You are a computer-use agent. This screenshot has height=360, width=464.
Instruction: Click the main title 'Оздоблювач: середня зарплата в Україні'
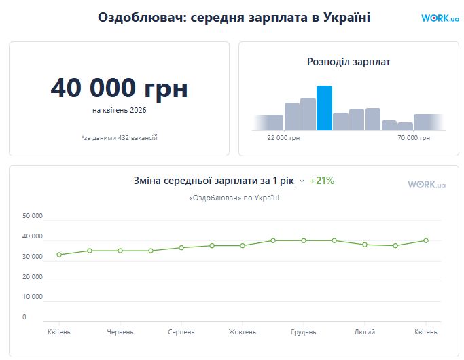point(234,18)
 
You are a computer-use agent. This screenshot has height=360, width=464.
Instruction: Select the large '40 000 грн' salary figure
point(119,88)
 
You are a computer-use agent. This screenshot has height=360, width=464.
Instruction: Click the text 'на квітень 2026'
point(119,109)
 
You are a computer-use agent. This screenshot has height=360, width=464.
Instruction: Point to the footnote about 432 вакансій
point(119,138)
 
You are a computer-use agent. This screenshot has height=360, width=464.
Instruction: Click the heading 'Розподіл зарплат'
point(349,62)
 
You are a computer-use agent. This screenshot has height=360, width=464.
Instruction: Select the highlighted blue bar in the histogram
point(324,108)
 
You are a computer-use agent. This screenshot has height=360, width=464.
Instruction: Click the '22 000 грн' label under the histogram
point(283,138)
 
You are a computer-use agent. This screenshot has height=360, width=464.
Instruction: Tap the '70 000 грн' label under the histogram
point(414,138)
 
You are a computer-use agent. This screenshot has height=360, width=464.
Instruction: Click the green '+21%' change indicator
point(322,181)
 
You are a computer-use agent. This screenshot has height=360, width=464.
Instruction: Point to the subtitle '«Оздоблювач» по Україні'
point(234,198)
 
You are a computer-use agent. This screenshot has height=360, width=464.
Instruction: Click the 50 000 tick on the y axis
point(33,217)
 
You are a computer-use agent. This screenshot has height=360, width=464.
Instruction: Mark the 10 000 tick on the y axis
point(33,297)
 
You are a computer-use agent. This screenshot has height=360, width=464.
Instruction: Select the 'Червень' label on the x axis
point(120,331)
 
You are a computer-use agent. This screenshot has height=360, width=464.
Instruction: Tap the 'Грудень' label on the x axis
point(304,331)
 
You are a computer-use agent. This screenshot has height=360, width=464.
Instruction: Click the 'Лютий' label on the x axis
point(365,331)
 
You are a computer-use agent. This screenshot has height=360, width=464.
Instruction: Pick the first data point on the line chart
point(59,255)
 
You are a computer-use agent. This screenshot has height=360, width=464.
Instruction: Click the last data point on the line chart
point(426,240)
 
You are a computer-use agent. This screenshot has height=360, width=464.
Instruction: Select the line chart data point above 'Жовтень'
point(243,245)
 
